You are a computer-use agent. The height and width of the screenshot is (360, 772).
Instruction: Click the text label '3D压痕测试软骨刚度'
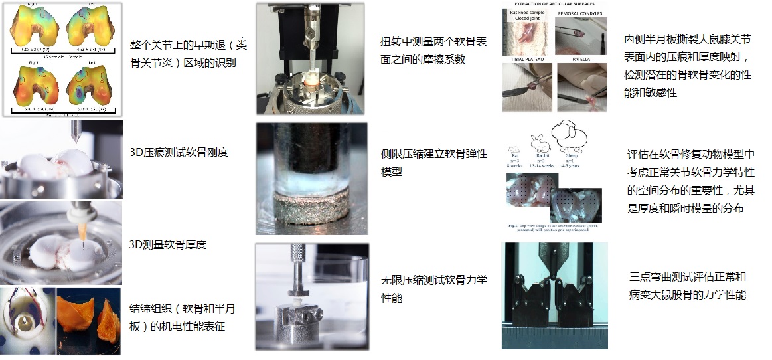tap(179, 152)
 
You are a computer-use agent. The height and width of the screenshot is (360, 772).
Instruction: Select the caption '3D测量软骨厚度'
tap(168, 244)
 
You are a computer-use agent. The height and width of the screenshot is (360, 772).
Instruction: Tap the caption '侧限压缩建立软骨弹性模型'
tap(433, 163)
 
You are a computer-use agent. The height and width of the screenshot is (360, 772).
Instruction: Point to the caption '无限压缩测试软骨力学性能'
tap(433, 289)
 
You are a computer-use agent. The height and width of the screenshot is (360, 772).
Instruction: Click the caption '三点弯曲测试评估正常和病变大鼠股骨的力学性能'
tap(687, 286)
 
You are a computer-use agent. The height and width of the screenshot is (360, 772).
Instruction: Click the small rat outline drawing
tap(513, 149)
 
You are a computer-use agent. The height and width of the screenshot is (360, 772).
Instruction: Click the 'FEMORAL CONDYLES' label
tap(580, 13)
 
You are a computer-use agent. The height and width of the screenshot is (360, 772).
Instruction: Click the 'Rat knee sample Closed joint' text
tap(528, 15)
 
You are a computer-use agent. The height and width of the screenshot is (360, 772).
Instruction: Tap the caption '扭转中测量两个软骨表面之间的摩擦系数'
tap(433, 50)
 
